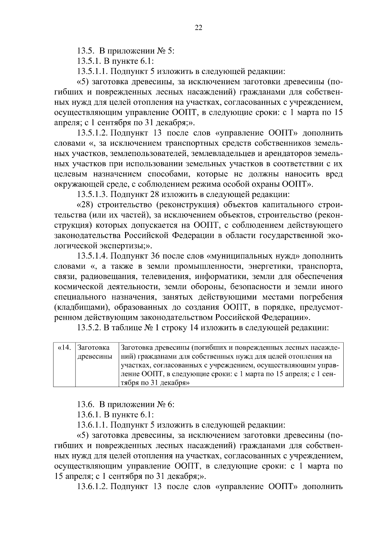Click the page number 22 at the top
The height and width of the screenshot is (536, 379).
click(x=198, y=28)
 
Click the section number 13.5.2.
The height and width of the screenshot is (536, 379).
click(x=89, y=328)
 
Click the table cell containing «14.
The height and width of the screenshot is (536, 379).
click(x=64, y=348)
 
